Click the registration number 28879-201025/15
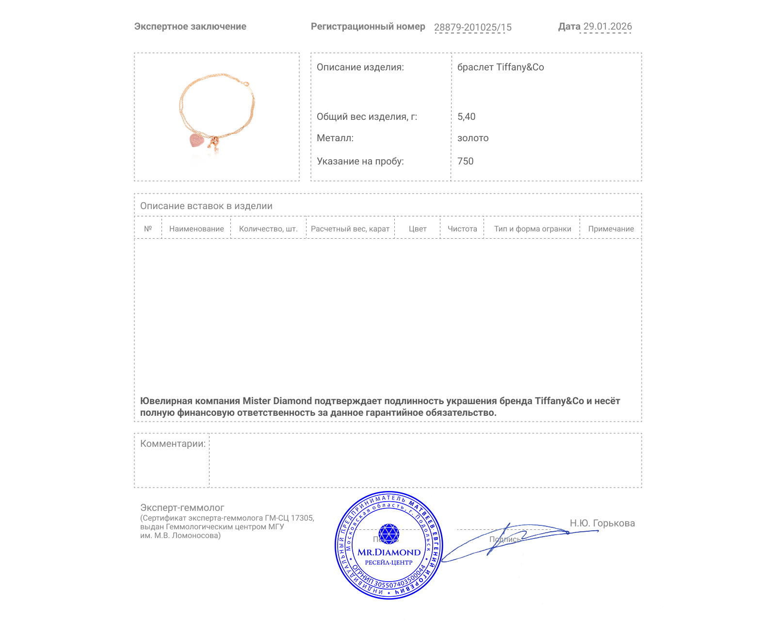tap(472, 27)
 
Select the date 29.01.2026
tap(607, 27)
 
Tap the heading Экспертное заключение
tap(190, 27)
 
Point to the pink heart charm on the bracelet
tap(196, 140)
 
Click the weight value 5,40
tap(466, 116)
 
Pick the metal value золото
tap(473, 138)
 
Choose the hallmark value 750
tap(465, 161)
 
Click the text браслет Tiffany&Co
tap(501, 67)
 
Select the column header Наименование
tap(196, 229)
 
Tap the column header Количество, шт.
tap(268, 229)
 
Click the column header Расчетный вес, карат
tap(350, 229)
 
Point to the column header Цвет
tap(418, 229)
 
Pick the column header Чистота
tap(462, 229)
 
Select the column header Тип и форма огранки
tap(533, 229)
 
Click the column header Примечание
tap(611, 229)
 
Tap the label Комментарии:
tap(173, 443)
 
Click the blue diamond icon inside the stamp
tap(388, 534)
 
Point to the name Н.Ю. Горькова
tap(602, 523)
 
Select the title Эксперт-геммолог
tap(182, 507)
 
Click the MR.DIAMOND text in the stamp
tap(389, 552)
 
